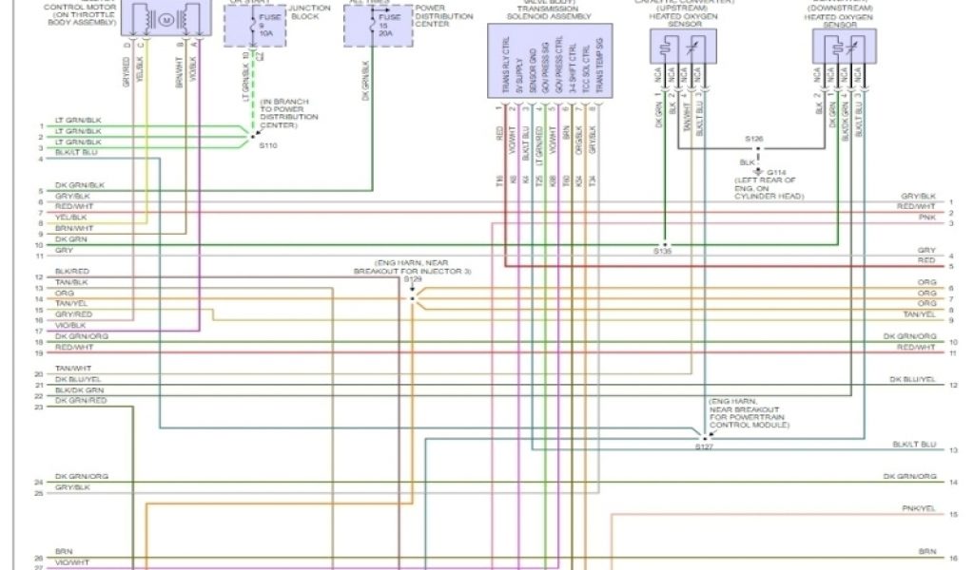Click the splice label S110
click(x=268, y=146)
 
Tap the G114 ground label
click(x=777, y=173)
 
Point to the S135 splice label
click(x=663, y=252)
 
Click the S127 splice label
click(x=704, y=446)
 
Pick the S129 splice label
click(x=412, y=280)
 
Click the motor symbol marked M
click(x=166, y=20)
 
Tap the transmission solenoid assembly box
click(x=550, y=61)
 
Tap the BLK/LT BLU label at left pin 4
click(x=76, y=152)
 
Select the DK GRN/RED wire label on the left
click(x=81, y=401)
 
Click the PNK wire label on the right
click(x=927, y=218)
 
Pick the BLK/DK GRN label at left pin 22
click(x=80, y=390)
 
